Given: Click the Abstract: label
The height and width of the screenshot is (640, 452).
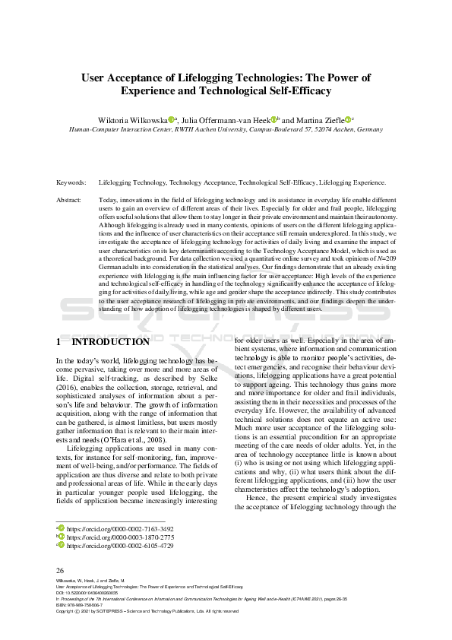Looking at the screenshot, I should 69,200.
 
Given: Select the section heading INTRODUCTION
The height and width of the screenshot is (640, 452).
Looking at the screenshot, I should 110,342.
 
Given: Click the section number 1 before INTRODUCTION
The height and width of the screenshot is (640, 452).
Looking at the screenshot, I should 59,342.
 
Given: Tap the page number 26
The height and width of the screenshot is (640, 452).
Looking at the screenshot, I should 61,569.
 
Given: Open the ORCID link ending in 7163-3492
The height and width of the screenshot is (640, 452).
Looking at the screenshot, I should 120,528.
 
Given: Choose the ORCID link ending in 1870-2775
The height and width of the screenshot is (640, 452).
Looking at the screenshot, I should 120,537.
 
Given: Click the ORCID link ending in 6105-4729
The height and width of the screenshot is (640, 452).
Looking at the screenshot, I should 120,546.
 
